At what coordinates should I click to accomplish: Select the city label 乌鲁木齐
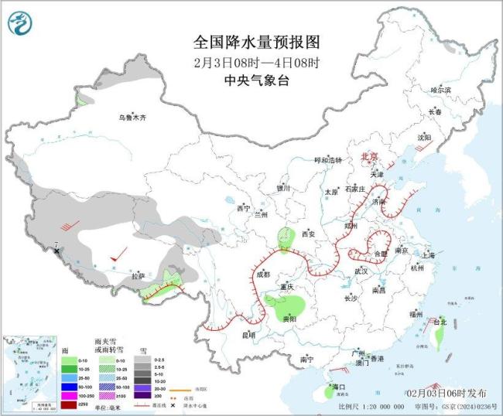point(132,118)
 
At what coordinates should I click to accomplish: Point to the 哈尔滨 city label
point(440,90)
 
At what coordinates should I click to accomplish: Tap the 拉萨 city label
point(138,275)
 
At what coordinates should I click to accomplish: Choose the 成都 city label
point(263,274)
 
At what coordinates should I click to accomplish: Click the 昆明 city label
point(248,335)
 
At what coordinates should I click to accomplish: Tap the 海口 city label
point(337,386)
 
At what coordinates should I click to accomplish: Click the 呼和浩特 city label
point(327,160)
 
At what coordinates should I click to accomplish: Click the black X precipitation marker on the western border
point(57,251)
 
